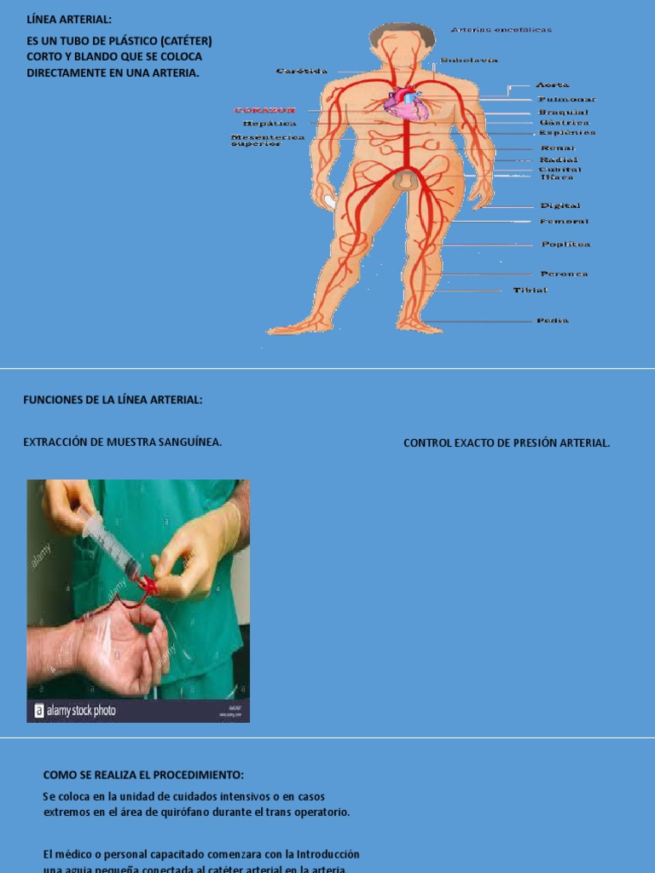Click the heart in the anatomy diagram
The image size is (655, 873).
[x=403, y=103]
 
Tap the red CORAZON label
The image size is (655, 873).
[x=264, y=111]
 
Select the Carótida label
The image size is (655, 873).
[x=302, y=72]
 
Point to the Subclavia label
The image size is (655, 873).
[x=469, y=61]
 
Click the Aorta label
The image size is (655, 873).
[x=553, y=85]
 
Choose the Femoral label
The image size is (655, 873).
[x=564, y=222]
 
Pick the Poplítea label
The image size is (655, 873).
[x=565, y=245]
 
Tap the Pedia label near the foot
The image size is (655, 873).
[x=553, y=321]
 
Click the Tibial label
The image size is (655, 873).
[x=530, y=291]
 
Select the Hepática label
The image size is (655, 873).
[x=270, y=124]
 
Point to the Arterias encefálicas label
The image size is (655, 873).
[x=501, y=30]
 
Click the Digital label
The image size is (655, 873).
[x=560, y=206]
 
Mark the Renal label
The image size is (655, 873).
[x=558, y=148]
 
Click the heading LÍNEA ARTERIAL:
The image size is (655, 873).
[x=68, y=20]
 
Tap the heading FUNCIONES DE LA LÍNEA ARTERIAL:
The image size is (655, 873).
[x=113, y=400]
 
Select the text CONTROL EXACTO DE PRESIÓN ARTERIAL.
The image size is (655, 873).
[x=507, y=442]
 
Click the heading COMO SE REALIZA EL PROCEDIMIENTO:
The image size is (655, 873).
[x=143, y=775]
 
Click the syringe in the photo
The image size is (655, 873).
[x=111, y=546]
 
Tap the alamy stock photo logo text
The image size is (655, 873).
[x=80, y=710]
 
